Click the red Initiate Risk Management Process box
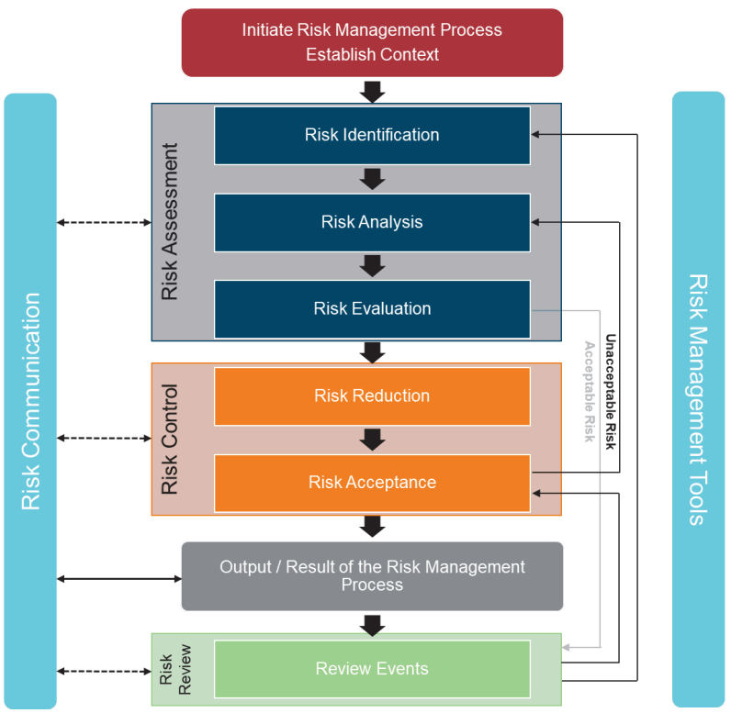(372, 42)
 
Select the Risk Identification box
(372, 135)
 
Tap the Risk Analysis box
(372, 222)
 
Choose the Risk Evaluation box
(372, 308)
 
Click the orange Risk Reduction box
(372, 395)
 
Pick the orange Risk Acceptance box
(372, 483)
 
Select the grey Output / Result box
(372, 575)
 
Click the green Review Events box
(372, 668)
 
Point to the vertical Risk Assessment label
(170, 221)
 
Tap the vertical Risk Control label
(170, 439)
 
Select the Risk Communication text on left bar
(30, 401)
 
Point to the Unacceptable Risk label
(610, 391)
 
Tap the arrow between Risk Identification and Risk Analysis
(372, 178)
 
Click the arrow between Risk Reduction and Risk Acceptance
(372, 440)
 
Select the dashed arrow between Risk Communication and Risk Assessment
(104, 222)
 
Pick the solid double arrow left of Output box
(119, 578)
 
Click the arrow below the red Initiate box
(372, 91)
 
